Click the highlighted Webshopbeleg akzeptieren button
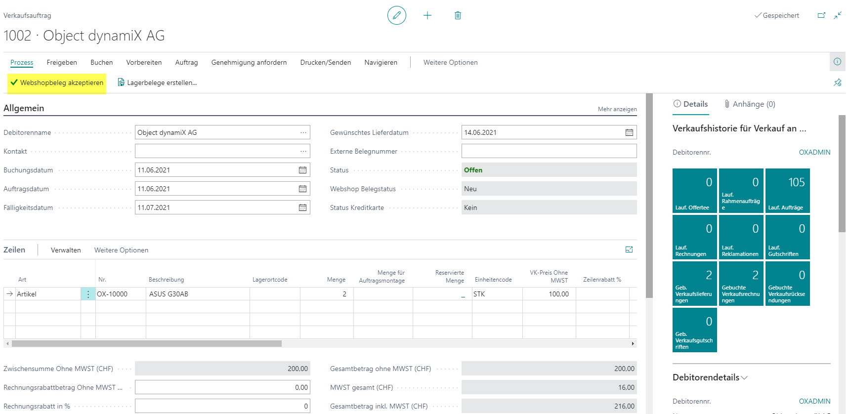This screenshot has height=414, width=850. (x=57, y=83)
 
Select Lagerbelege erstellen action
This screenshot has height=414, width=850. (x=157, y=83)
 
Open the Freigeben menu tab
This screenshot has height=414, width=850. (x=62, y=62)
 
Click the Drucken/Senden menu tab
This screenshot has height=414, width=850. (x=326, y=62)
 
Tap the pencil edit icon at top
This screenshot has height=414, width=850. (x=397, y=15)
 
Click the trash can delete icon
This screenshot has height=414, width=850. (x=458, y=15)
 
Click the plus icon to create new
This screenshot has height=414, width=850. (x=427, y=15)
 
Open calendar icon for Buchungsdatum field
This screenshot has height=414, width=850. (x=302, y=170)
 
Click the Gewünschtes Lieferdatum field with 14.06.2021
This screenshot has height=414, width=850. (x=549, y=132)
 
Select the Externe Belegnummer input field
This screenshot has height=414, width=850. (x=549, y=151)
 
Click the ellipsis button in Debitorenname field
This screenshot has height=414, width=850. (x=303, y=132)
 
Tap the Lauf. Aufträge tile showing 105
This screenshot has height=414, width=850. (x=788, y=191)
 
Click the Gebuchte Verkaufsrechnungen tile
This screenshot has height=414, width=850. (x=741, y=284)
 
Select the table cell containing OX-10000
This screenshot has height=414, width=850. (x=121, y=294)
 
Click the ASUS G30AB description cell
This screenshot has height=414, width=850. (x=198, y=294)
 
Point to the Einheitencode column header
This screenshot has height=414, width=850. (x=493, y=280)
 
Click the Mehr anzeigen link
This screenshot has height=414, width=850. (x=617, y=109)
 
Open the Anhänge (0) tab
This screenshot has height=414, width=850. (x=750, y=104)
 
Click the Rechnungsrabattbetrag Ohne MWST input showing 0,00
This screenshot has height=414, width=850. (x=222, y=387)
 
